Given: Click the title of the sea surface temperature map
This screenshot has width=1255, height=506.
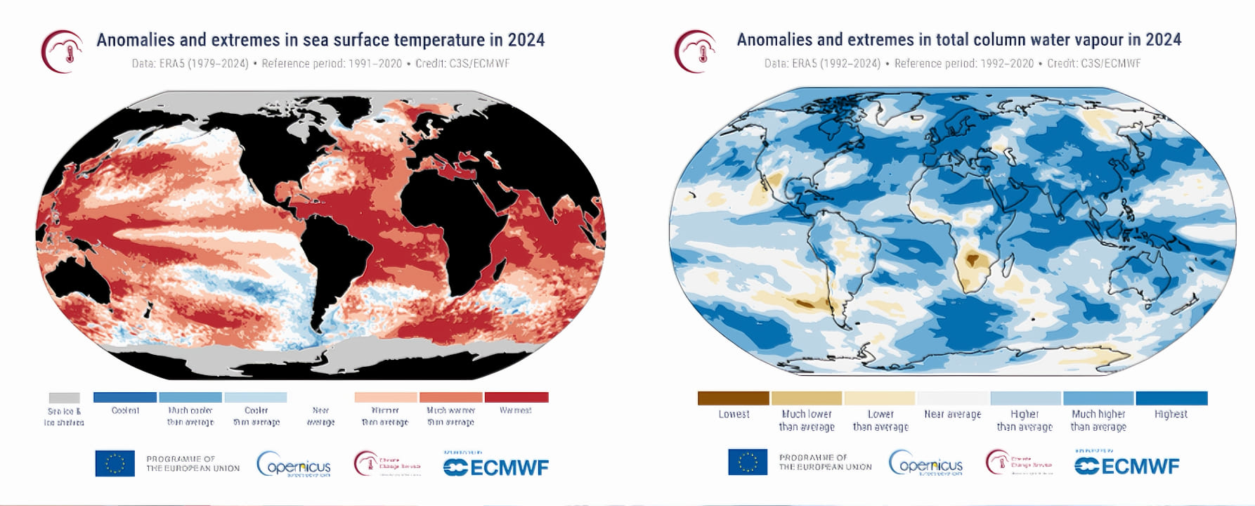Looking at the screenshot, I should coord(320,40).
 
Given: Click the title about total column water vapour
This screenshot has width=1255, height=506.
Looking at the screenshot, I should coord(958,40).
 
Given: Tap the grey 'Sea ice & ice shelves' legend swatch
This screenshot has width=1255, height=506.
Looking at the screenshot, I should coord(64,398).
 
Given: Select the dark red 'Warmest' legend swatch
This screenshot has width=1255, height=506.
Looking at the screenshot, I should coord(516,398).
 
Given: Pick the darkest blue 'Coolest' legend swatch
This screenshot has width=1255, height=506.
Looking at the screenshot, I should coord(125,398).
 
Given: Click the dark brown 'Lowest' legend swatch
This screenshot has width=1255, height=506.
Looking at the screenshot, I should coord(733,398).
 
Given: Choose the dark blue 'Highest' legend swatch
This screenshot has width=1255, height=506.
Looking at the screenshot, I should coord(1171,398).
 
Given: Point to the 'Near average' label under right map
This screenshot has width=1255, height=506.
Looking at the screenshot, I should coord(953,415).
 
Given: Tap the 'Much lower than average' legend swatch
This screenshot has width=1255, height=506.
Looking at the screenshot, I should coord(807,398).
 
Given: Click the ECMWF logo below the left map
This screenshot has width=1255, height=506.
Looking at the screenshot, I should coord(496,467).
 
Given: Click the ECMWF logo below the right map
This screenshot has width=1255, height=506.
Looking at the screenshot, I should coord(1127,466).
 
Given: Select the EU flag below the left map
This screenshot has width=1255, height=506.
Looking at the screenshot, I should coord(115,464).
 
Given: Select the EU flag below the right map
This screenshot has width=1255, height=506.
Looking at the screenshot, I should coord(748,462).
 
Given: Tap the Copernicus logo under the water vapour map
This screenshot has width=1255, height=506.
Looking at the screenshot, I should coord(925,464).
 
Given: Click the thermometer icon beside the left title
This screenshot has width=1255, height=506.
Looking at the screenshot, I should coord(63,51).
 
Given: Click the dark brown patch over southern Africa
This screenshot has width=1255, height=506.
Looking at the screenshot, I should coord(973,259).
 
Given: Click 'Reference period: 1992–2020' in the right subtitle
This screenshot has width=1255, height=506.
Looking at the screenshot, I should coord(963,63).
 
